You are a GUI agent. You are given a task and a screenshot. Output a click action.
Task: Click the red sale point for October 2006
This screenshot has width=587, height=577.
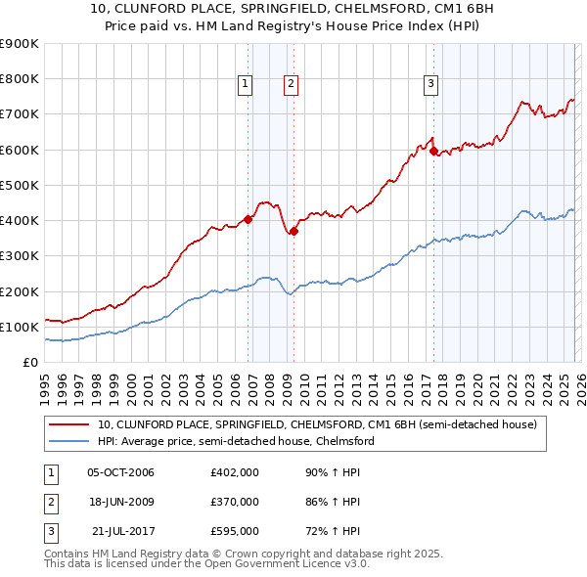(248, 220)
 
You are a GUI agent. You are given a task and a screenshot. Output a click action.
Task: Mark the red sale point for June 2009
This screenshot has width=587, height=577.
(294, 231)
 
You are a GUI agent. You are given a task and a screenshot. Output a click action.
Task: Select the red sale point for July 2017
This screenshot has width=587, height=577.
(433, 152)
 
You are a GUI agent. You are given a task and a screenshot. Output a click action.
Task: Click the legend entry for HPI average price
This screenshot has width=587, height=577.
(236, 441)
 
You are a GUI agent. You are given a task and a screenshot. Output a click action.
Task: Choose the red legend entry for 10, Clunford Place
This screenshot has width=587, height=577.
(317, 425)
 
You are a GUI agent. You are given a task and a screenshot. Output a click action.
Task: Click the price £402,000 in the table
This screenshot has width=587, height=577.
(234, 473)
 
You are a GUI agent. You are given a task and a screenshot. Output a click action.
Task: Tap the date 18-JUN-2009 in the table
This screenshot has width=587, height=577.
(120, 502)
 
